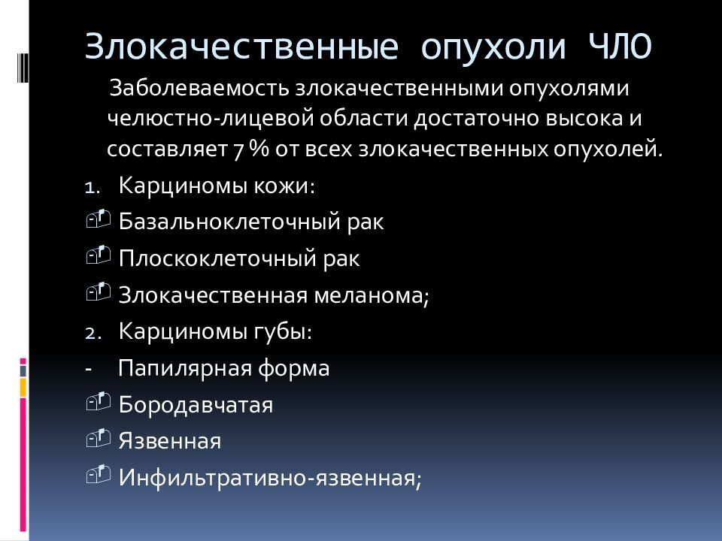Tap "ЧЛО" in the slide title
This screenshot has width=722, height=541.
coord(620,46)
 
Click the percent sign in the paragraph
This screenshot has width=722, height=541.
coord(260,150)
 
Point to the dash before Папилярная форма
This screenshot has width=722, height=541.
coord(89,370)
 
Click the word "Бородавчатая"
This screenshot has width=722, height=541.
coord(196,406)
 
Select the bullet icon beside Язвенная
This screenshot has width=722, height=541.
coord(98,438)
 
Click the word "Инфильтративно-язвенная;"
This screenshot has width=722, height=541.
coord(270,479)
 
